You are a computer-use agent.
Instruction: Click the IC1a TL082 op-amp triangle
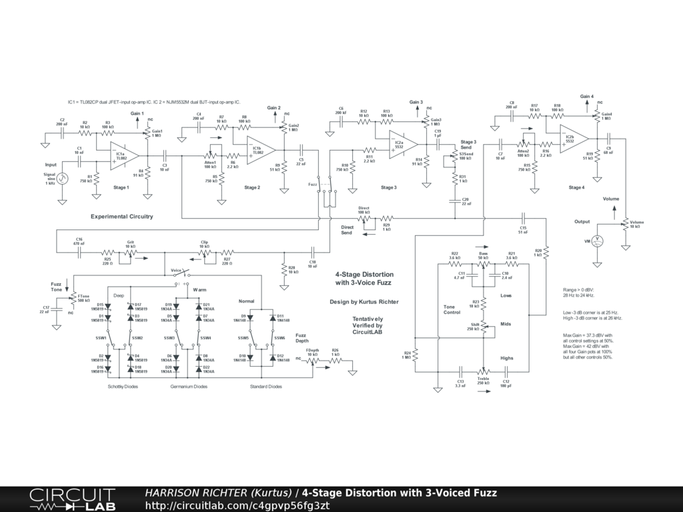[x=124, y=155]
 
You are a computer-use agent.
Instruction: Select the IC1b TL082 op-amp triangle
[x=259, y=150]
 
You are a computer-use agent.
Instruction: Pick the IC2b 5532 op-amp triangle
[x=572, y=139]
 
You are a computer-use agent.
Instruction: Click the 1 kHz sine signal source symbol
[x=61, y=178]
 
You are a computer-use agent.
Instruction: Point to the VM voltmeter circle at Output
[x=598, y=240]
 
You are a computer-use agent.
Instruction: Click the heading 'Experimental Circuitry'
[x=122, y=217]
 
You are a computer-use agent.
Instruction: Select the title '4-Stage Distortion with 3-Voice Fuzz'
[x=364, y=279]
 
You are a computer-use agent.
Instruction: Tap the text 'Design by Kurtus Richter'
[x=364, y=301]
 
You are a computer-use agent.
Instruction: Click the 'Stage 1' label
[x=121, y=188]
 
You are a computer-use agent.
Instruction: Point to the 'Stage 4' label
[x=576, y=188]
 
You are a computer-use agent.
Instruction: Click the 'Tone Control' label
[x=452, y=309]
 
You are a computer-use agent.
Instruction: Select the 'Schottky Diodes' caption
[x=123, y=387]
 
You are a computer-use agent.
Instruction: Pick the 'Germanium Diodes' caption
[x=189, y=387]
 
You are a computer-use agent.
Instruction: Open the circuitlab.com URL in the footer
[x=237, y=505]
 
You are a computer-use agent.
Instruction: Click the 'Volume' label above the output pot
[x=611, y=199]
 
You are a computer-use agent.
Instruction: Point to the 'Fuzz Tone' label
[x=57, y=287]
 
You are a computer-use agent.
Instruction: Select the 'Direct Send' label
[x=347, y=229]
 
